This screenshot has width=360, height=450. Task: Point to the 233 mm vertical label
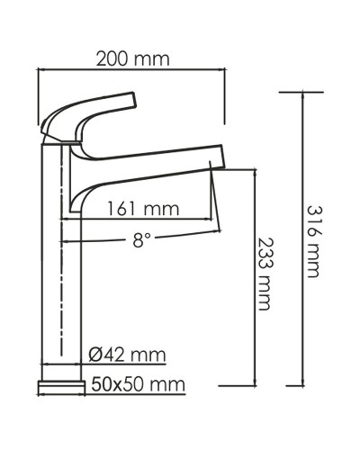[264, 274]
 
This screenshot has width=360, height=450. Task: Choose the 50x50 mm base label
[138, 384]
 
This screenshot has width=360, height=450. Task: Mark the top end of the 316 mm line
[301, 92]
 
